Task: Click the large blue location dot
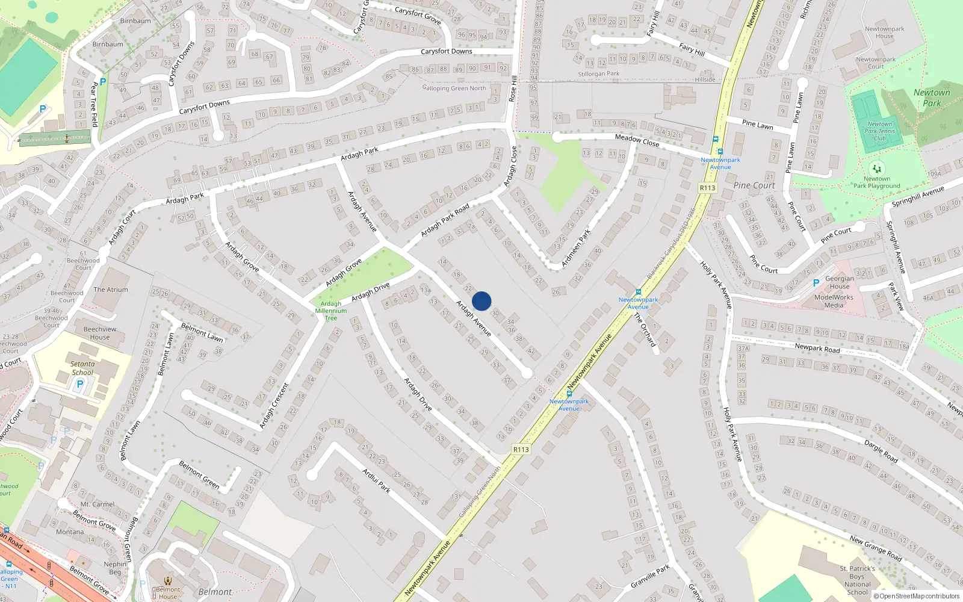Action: pyautogui.click(x=482, y=301)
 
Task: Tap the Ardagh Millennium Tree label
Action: pyautogui.click(x=331, y=311)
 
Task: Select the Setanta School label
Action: pyautogui.click(x=82, y=368)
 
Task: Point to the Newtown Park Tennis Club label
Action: pyautogui.click(x=879, y=131)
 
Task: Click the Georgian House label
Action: pyautogui.click(x=840, y=282)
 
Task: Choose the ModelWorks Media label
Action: pyautogui.click(x=834, y=301)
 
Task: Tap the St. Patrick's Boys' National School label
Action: pyautogui.click(x=858, y=580)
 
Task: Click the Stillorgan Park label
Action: pyautogui.click(x=599, y=74)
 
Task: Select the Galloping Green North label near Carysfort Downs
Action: pyautogui.click(x=454, y=88)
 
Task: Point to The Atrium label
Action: pyautogui.click(x=111, y=290)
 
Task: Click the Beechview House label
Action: pyautogui.click(x=100, y=333)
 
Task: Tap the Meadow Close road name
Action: pyautogui.click(x=637, y=140)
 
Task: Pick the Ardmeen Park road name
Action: pyautogui.click(x=576, y=248)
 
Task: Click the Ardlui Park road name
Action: pyautogui.click(x=376, y=480)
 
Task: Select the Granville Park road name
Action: pyautogui.click(x=650, y=577)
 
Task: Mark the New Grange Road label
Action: pyautogui.click(x=876, y=548)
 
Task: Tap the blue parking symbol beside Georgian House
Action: pyautogui.click(x=816, y=283)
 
